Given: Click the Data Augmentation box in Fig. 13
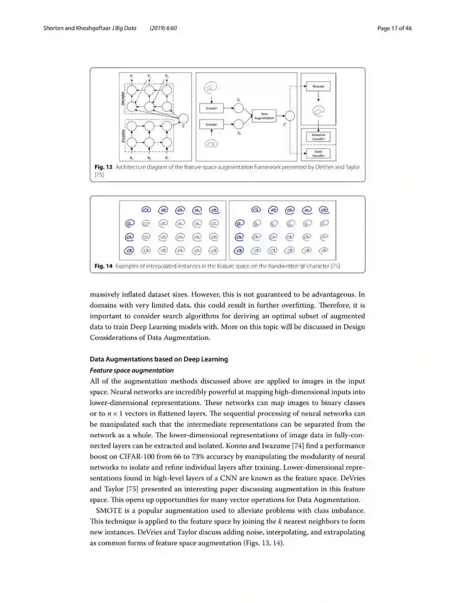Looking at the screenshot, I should point(264,116).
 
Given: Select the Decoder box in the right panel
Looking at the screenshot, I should point(318,86).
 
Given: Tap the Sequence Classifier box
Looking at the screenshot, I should point(318,137).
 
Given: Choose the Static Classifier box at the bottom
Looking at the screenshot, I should point(318,153).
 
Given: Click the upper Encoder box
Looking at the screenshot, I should point(211,108).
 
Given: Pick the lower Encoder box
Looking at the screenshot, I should point(211,124).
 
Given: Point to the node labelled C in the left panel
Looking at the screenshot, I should point(183,119).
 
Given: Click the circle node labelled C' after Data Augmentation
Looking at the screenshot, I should point(289,116).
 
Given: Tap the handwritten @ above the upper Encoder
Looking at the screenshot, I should point(211,88).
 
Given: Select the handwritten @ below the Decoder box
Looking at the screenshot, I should point(318,111).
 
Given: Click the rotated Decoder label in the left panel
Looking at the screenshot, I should point(123,98).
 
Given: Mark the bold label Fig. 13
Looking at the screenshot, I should point(103,167).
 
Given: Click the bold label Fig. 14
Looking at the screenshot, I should point(103,266).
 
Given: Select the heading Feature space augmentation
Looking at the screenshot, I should point(131,370).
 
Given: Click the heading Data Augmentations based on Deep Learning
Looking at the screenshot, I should point(158,359).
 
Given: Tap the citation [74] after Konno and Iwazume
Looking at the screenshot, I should point(298,446).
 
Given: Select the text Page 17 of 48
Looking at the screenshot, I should point(394,28).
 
